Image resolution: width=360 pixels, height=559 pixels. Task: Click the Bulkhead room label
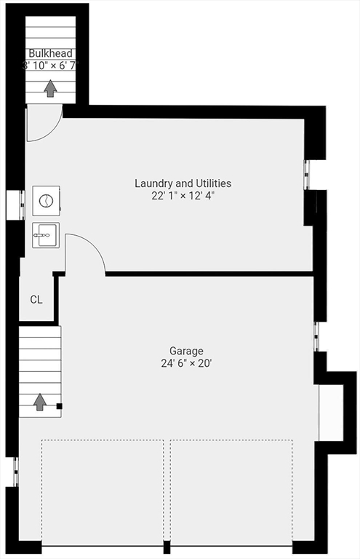tap(50, 53)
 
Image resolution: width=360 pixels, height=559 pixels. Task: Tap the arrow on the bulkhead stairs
tap(50, 89)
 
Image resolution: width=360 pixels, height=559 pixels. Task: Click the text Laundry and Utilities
tap(183, 183)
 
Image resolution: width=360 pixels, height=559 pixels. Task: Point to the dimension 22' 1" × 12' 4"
tap(183, 195)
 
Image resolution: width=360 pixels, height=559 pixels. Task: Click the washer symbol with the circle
tap(46, 201)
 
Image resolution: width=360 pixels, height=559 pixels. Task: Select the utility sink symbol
tap(45, 235)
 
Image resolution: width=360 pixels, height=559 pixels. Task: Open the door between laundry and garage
tap(84, 253)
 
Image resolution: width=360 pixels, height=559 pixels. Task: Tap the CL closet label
tap(36, 299)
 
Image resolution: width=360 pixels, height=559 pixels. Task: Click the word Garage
tap(187, 351)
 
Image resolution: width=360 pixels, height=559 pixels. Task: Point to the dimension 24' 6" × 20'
tap(187, 362)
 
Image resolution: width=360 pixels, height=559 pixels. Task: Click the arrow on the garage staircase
tap(40, 401)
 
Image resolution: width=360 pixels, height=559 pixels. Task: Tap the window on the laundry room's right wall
tap(307, 175)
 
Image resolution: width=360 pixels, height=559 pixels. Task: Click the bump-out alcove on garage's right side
tap(331, 411)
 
